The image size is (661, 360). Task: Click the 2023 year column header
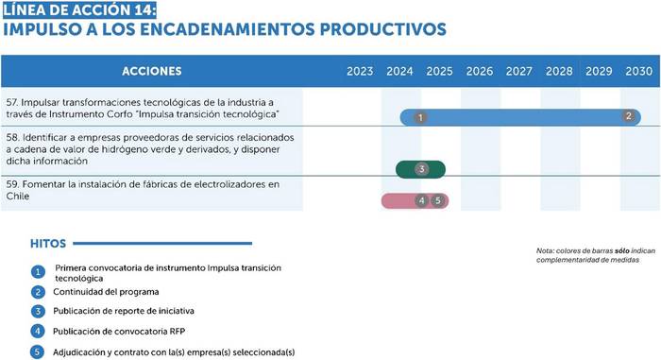360,71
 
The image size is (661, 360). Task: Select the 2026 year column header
480,71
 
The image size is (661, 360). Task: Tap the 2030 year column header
638,71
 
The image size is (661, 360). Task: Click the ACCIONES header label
152,71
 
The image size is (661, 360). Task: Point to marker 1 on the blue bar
420,117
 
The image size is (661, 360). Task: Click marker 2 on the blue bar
629,115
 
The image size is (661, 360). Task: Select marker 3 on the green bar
421,169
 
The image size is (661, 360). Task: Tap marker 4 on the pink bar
421,200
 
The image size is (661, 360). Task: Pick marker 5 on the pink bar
437,200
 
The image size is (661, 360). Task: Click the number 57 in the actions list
11,103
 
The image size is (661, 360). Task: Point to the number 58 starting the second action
12,138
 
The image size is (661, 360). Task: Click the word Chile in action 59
18,196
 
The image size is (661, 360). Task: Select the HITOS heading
48,244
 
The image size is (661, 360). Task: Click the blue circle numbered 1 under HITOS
38,272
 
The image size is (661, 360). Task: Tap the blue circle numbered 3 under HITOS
38,311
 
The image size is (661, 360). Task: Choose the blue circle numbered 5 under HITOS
37,352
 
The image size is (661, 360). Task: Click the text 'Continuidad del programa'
106,292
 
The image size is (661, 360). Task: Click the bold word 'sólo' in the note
621,250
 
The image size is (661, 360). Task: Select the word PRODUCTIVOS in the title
382,29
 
